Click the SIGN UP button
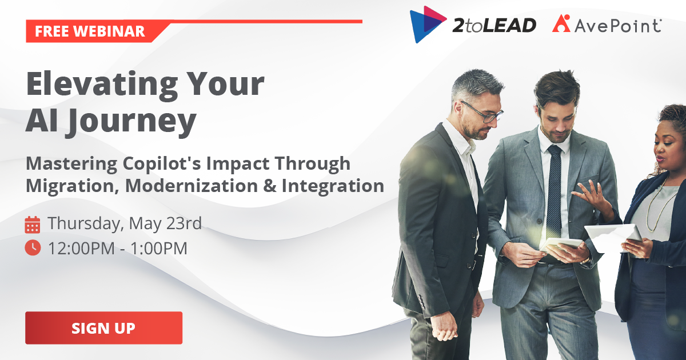(103, 328)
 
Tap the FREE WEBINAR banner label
(90, 31)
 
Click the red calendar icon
(33, 224)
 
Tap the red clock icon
(33, 247)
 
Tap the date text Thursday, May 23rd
(125, 223)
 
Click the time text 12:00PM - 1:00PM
(117, 248)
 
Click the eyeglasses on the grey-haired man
(484, 112)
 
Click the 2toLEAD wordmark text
(495, 25)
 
